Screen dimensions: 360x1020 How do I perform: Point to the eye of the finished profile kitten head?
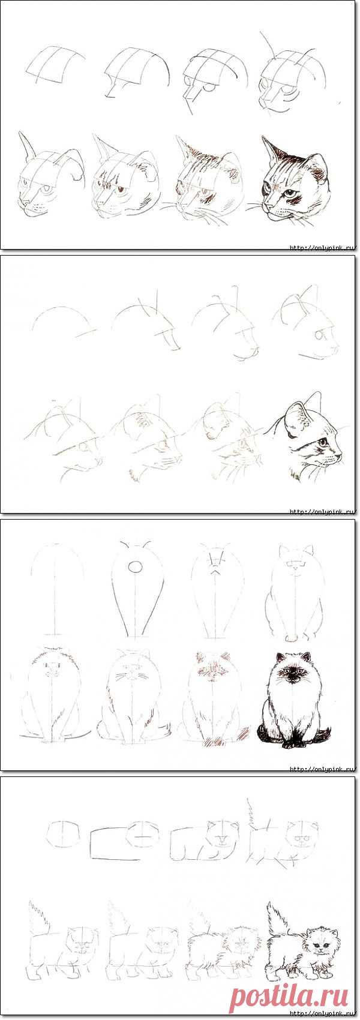(322, 442)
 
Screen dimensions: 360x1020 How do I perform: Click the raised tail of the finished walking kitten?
(275, 909)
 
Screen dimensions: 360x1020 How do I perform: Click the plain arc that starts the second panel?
(64, 319)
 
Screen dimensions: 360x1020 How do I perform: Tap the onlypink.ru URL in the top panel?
(322, 248)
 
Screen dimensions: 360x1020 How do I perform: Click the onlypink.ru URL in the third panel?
(322, 769)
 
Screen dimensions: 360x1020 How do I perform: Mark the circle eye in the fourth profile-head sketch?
(319, 335)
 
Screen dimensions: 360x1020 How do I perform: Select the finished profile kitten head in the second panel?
(307, 437)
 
